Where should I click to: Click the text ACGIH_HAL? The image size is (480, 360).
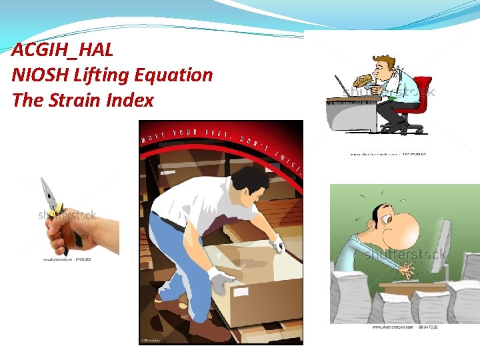[62, 49]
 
